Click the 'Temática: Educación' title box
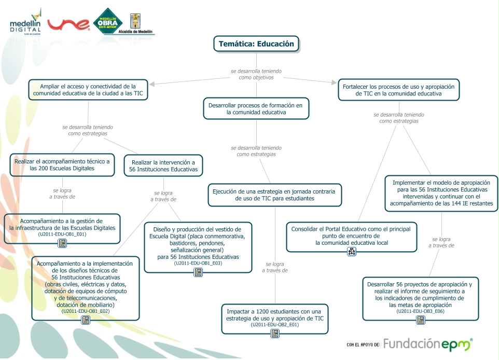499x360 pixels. click(x=256, y=44)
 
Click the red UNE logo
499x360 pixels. click(x=69, y=24)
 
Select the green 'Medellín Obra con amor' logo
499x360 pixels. click(x=107, y=22)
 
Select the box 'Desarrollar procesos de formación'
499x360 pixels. click(x=256, y=108)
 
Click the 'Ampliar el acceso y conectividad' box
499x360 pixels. click(x=88, y=90)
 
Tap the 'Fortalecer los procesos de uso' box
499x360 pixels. click(x=398, y=90)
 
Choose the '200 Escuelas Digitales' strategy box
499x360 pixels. click(x=62, y=165)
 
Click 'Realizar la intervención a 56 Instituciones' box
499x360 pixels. click(x=163, y=165)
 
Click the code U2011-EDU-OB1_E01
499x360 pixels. click(x=62, y=234)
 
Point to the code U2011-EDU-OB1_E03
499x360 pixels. click(x=198, y=264)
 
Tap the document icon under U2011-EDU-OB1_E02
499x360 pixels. click(x=86, y=320)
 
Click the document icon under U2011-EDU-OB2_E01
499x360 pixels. click(x=275, y=334)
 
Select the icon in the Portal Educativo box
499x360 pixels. click(x=352, y=252)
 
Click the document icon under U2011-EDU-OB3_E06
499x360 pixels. click(x=421, y=320)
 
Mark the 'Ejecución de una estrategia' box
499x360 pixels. click(x=274, y=195)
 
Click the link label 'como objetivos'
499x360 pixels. click(x=256, y=77)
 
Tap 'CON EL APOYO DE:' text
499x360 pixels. click(x=363, y=344)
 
